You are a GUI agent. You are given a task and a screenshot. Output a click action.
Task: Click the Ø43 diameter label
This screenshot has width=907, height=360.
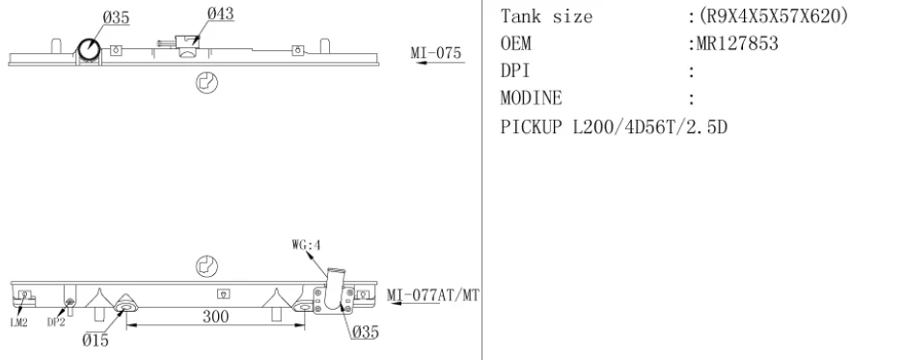(220, 14)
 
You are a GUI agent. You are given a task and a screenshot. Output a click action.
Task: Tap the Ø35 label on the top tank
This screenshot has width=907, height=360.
(116, 18)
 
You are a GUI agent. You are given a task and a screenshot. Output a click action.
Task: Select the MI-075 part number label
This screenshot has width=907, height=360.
(436, 53)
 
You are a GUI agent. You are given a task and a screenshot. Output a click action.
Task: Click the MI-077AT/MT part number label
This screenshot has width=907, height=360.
(433, 295)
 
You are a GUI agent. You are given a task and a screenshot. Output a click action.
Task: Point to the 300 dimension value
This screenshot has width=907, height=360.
(215, 317)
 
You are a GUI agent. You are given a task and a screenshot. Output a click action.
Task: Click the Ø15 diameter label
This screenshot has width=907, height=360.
(96, 340)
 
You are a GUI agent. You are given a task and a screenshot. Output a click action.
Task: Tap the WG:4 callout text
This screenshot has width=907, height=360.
(306, 245)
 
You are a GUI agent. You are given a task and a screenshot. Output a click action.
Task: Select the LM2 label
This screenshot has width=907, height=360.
(19, 323)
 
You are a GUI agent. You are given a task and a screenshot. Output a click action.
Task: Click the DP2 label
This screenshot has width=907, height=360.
(56, 322)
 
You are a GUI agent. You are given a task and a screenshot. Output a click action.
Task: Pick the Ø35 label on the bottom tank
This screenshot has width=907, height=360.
(365, 332)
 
